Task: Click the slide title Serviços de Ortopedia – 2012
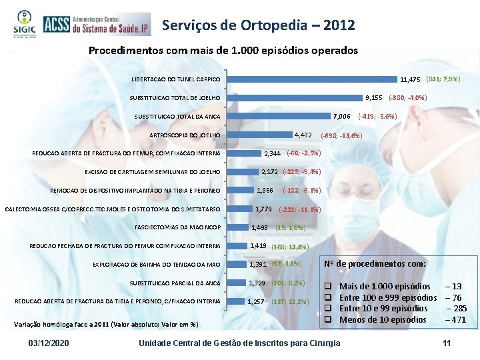258,25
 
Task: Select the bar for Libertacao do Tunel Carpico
313,79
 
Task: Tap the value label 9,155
373,97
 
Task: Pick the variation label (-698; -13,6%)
341,135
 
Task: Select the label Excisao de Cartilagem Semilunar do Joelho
153,173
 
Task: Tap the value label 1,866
265,191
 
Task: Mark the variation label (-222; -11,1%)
300,210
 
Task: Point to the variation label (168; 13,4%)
290,247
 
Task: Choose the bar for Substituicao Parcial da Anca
237,283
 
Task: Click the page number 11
447,343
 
